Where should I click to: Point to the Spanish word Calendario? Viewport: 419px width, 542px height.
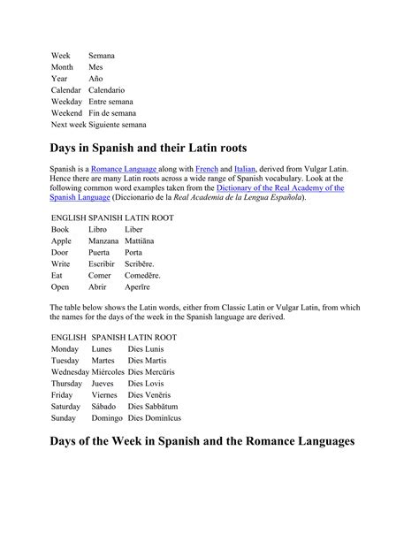click(107, 89)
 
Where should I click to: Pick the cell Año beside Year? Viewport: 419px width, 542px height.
click(97, 78)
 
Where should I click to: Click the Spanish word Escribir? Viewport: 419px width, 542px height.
click(103, 263)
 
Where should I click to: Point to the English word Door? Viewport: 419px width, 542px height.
click(61, 252)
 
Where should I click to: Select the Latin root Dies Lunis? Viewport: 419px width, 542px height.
click(148, 348)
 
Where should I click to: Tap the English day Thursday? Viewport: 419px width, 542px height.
click(67, 384)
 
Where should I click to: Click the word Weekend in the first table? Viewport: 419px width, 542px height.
click(68, 113)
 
